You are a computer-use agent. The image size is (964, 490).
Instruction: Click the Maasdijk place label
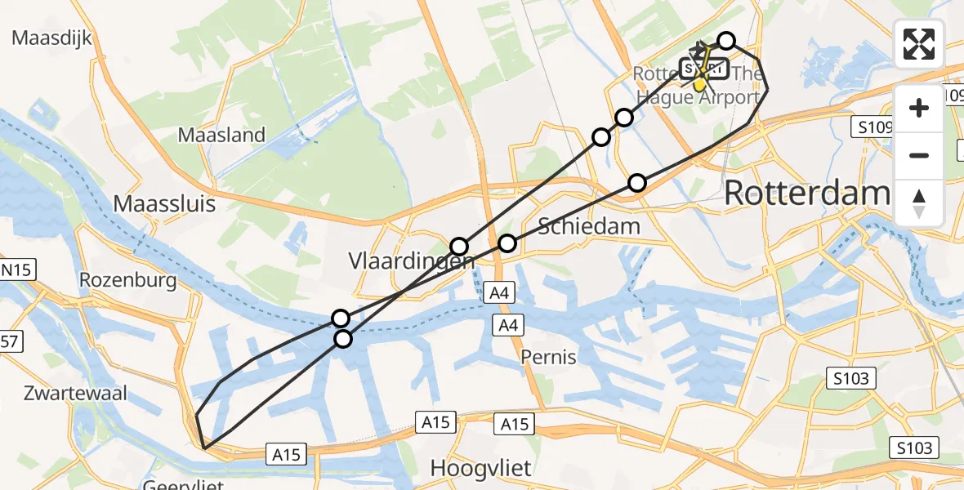coord(51,38)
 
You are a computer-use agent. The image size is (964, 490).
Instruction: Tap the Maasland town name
coord(221,135)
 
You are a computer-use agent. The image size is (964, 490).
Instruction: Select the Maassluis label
coord(164,203)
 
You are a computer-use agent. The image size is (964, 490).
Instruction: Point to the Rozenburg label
coord(128,281)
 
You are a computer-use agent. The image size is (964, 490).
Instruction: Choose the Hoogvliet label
coord(480,469)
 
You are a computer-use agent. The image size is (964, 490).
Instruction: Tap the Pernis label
coord(549,357)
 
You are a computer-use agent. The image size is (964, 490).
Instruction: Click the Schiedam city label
coord(589,225)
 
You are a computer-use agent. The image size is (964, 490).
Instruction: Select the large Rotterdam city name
coord(806,194)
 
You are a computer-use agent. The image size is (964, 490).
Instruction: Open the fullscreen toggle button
coord(919,44)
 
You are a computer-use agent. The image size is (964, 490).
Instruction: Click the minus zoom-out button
coord(919,155)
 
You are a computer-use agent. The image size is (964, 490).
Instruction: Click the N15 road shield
coord(17,270)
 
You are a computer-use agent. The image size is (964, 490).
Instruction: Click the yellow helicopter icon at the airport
coord(700,82)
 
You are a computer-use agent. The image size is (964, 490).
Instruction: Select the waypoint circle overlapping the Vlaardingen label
coord(459,247)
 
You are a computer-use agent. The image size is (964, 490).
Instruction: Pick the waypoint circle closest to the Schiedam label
coord(507,243)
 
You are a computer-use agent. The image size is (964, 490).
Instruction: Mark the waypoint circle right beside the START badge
coord(726,41)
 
